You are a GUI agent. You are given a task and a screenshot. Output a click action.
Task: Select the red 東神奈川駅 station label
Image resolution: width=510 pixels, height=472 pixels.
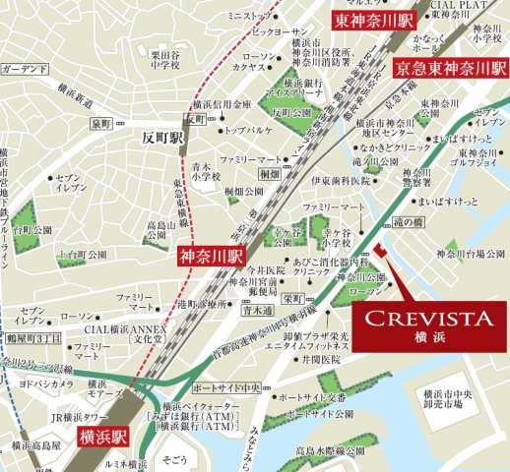361,20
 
